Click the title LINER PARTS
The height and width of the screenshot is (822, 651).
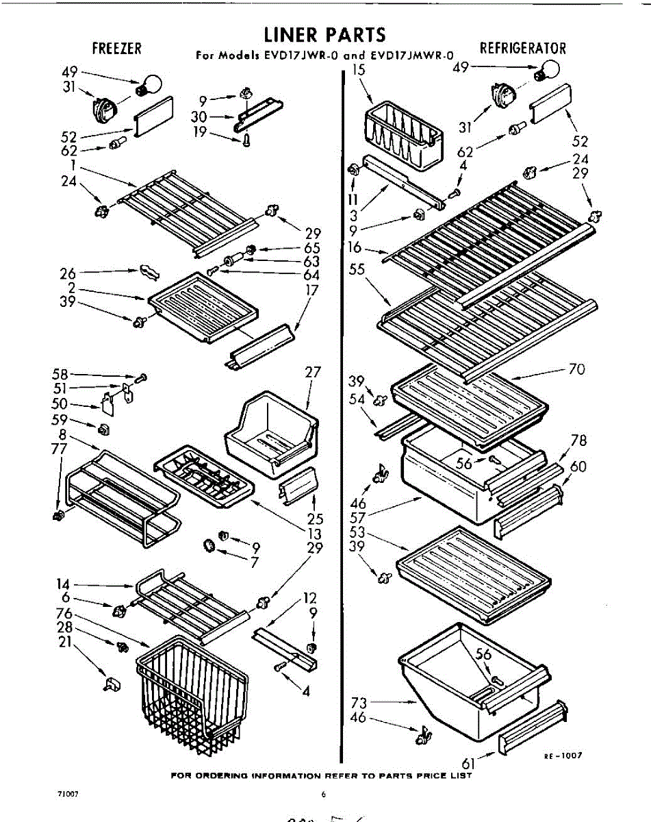(x=325, y=34)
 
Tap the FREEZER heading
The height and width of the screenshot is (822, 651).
(x=117, y=48)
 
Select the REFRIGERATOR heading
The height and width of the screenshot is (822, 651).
(x=523, y=48)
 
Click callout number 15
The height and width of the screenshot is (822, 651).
(x=359, y=70)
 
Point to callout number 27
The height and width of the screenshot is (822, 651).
(x=313, y=373)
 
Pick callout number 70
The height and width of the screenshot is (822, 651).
(x=576, y=369)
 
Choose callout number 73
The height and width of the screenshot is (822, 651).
(x=359, y=703)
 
